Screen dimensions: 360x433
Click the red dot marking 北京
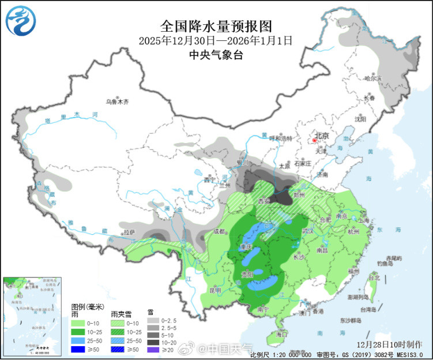(314, 140)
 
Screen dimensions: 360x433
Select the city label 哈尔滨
(373, 78)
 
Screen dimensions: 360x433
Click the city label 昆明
(214, 290)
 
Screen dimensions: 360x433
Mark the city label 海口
(281, 334)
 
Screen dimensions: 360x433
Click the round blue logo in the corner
(20, 20)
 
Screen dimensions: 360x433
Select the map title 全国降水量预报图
(216, 27)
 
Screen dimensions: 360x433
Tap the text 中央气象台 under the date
(216, 55)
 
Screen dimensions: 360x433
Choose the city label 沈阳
(360, 119)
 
